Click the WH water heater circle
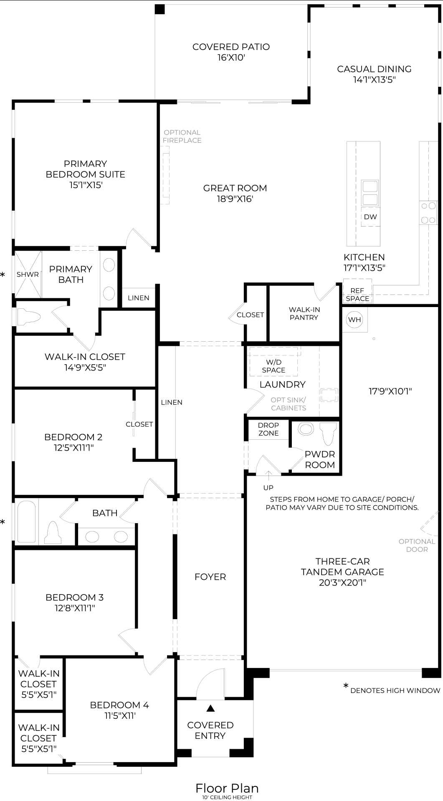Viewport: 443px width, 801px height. [354, 320]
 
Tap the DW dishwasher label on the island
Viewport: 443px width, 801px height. [370, 217]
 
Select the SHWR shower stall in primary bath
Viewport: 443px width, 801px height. [28, 274]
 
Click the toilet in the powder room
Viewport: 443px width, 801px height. [329, 432]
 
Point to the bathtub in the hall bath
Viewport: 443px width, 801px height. [27, 521]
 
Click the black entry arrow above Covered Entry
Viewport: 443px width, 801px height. [211, 708]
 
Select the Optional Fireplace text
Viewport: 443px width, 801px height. [182, 136]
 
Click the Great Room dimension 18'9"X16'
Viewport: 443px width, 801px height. [235, 199]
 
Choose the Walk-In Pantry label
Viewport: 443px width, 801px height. [304, 313]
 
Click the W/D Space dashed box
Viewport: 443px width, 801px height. [274, 362]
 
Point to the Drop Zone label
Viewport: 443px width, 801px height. [268, 429]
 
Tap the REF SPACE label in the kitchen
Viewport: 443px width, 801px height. [357, 295]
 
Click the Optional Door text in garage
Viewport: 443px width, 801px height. [417, 545]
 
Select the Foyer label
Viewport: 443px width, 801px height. [210, 577]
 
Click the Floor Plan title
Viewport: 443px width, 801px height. [227, 788]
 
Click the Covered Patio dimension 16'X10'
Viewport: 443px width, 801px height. [231, 58]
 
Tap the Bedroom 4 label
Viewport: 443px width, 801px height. [119, 705]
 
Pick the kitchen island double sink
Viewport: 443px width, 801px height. [370, 192]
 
